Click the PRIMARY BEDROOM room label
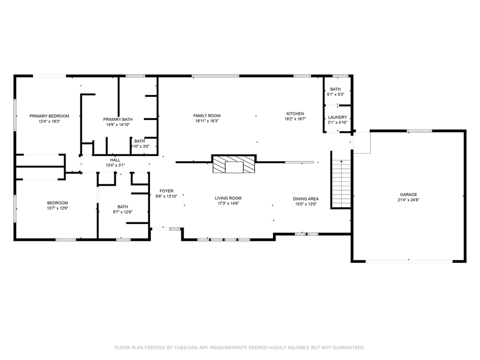(x=49, y=116)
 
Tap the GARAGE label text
(x=408, y=195)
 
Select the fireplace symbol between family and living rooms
(x=234, y=164)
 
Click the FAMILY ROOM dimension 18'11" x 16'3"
(x=207, y=121)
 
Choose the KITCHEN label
(x=295, y=113)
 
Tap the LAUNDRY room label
(x=337, y=117)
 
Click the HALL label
(x=115, y=160)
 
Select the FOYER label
(x=166, y=191)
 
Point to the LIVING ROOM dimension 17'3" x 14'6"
(x=228, y=203)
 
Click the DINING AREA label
(x=306, y=199)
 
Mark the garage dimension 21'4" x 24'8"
(x=408, y=200)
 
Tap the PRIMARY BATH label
(x=118, y=120)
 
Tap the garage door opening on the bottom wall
(x=409, y=261)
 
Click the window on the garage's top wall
(x=420, y=131)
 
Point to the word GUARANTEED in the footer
(x=348, y=347)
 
